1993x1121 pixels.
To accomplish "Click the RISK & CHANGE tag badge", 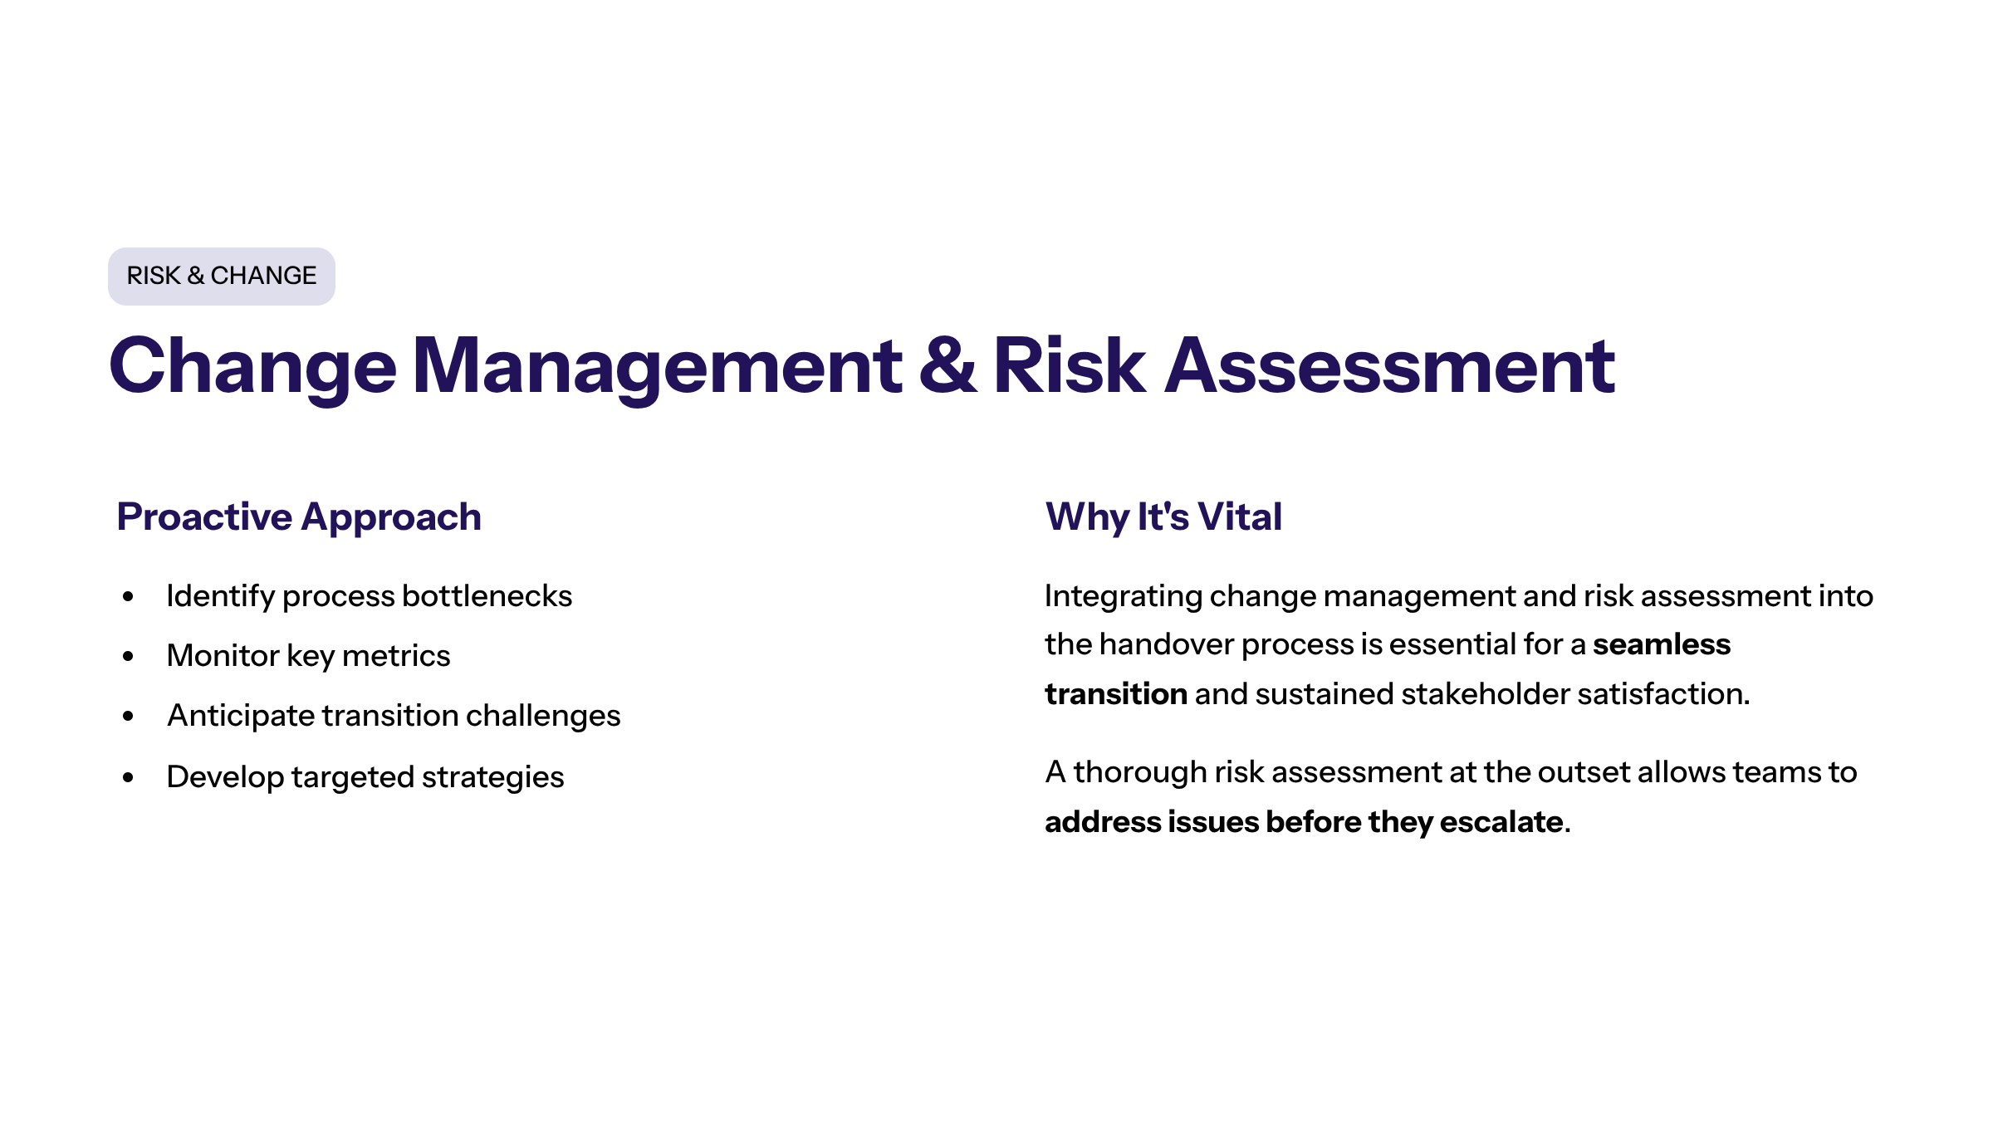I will click(x=221, y=276).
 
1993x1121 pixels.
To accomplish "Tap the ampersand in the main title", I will click(x=948, y=365).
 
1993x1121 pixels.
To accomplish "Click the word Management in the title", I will click(x=656, y=365).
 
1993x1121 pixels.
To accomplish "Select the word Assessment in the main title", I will click(x=1389, y=365).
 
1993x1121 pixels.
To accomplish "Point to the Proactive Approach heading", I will click(x=299, y=516).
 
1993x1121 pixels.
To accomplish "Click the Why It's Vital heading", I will click(x=1163, y=516).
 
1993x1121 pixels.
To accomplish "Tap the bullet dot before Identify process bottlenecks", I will click(x=128, y=596).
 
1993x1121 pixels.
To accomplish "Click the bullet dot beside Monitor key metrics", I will click(x=128, y=656).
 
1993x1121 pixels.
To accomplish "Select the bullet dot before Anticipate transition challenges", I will click(x=128, y=716).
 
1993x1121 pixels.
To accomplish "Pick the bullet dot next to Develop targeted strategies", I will click(x=128, y=777).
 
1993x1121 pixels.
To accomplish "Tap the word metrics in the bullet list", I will click(x=396, y=656).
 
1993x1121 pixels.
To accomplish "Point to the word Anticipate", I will click(x=240, y=716).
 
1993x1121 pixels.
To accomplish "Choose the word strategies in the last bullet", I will click(x=493, y=777).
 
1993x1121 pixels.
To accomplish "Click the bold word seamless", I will click(x=1662, y=644).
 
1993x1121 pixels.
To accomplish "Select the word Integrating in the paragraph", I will click(x=1123, y=596).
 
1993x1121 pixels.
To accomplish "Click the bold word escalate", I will click(x=1501, y=822).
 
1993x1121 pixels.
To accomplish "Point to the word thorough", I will click(x=1140, y=772).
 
